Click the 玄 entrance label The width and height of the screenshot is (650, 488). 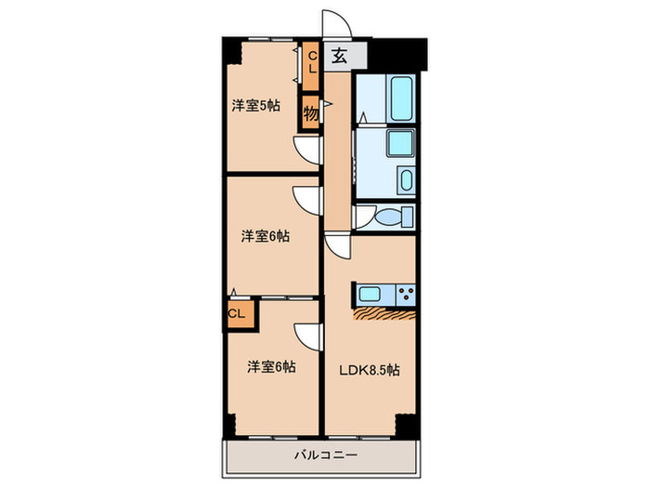pyautogui.click(x=339, y=56)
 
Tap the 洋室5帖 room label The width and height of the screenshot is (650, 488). pyautogui.click(x=255, y=106)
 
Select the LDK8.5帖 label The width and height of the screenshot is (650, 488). pyautogui.click(x=370, y=370)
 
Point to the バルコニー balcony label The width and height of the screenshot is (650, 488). pyautogui.click(x=326, y=455)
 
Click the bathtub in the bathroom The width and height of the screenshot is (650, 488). pyautogui.click(x=401, y=99)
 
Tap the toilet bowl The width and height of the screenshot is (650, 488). pyautogui.click(x=390, y=217)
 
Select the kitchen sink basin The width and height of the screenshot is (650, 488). pyautogui.click(x=370, y=295)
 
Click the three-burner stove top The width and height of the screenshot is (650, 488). pyautogui.click(x=406, y=295)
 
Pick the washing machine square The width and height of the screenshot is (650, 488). pyautogui.click(x=400, y=143)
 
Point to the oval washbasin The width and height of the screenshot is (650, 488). pyautogui.click(x=407, y=180)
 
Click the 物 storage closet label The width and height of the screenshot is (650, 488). pyautogui.click(x=311, y=113)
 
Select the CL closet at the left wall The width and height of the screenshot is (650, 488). pyautogui.click(x=236, y=314)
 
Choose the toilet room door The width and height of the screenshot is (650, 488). pyautogui.click(x=364, y=217)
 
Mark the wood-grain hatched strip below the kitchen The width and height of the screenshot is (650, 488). pyautogui.click(x=383, y=314)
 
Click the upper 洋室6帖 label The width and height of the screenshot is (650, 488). pyautogui.click(x=266, y=236)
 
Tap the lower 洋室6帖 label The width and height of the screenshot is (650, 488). pyautogui.click(x=271, y=367)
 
